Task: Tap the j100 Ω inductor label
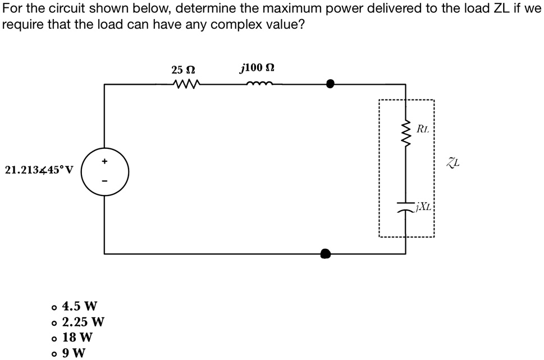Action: pos(257,69)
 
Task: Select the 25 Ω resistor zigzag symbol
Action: pos(185,85)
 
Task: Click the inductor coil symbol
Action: pos(258,85)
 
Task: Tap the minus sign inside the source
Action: pos(104,181)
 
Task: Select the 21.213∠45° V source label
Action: pos(39,170)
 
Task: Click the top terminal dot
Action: pos(331,84)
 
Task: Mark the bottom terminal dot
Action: pos(325,253)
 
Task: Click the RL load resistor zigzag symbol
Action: pos(406,134)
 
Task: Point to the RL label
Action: pos(423,129)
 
